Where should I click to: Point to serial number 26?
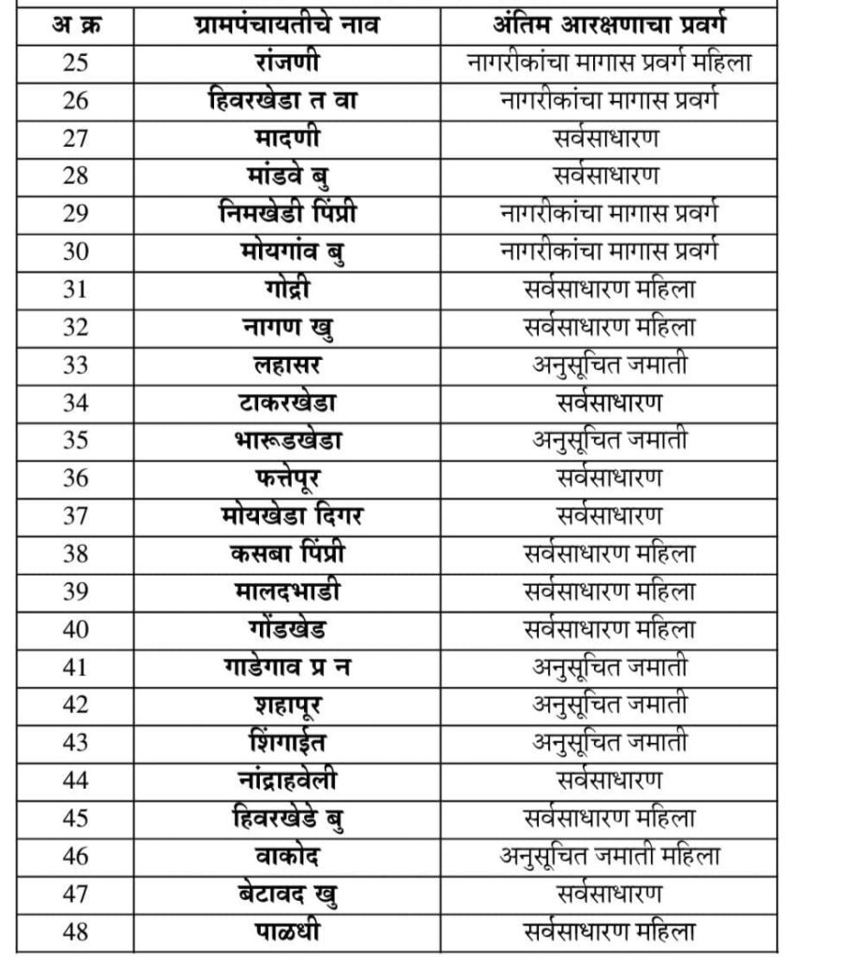pyautogui.click(x=76, y=101)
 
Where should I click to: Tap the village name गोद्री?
pyautogui.click(x=287, y=290)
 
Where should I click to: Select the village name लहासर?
pyautogui.click(x=287, y=365)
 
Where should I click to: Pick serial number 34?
pyautogui.click(x=76, y=403)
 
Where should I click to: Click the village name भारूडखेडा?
pyautogui.click(x=287, y=440)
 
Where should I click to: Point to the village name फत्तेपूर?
pyautogui.click(x=287, y=478)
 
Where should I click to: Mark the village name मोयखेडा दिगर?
pyautogui.click(x=287, y=516)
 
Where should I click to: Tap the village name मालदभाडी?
pyautogui.click(x=287, y=592)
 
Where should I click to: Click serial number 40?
pyautogui.click(x=76, y=629)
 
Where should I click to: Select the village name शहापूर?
pyautogui.click(x=287, y=705)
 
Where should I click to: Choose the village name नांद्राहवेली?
pyautogui.click(x=287, y=779)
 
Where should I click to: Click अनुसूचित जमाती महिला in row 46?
pyautogui.click(x=609, y=855)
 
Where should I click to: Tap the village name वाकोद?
pyautogui.click(x=287, y=855)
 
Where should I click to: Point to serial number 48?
pyautogui.click(x=76, y=931)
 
